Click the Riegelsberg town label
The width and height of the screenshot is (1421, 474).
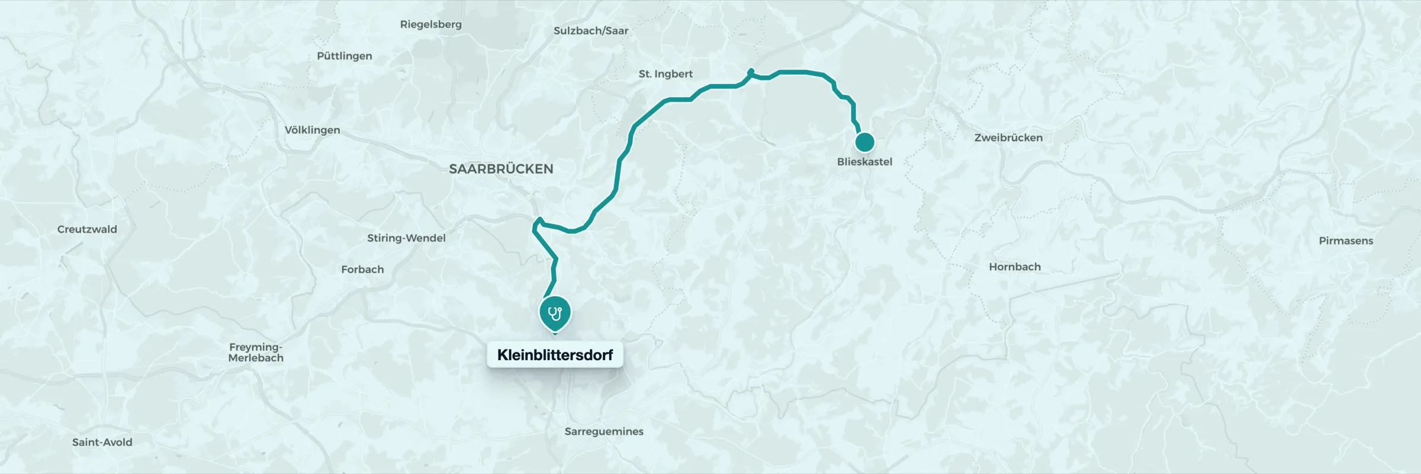tap(430, 24)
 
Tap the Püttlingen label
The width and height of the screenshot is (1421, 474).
tap(344, 56)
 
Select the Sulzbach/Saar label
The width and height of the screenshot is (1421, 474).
tap(590, 31)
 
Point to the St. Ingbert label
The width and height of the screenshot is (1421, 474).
tap(666, 74)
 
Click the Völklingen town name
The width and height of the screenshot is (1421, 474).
tap(312, 130)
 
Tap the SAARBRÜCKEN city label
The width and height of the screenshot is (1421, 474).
tap(501, 169)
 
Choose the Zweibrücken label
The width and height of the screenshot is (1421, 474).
tap(1008, 137)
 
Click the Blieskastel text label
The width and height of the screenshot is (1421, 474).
tap(864, 162)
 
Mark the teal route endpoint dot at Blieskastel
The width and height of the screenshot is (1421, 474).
tap(864, 142)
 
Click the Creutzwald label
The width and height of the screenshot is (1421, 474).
tap(87, 229)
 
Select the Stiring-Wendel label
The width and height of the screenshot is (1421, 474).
tap(406, 238)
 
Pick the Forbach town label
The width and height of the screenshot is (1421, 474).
tap(362, 269)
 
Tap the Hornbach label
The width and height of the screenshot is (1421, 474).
tap(1014, 267)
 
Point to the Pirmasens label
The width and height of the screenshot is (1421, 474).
tap(1345, 241)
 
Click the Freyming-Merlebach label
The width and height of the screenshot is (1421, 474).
tap(256, 352)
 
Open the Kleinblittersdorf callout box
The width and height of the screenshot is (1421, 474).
tap(555, 355)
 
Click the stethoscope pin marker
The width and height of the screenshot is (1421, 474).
tap(555, 313)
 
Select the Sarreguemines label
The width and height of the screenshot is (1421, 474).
tap(603, 431)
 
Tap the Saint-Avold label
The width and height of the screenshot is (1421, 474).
tap(102, 442)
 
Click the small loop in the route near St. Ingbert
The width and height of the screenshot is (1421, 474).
tap(751, 72)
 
